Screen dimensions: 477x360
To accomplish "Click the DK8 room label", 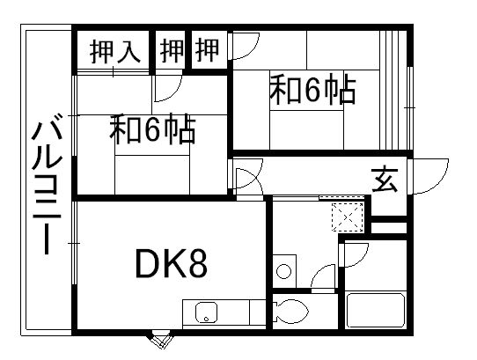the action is click(172, 263).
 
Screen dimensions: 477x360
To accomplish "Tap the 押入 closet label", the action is click(115, 51).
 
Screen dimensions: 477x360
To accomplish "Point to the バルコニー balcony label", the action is click(48, 183).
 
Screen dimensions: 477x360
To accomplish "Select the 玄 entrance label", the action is click(385, 179).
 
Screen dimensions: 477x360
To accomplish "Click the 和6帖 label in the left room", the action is click(152, 129).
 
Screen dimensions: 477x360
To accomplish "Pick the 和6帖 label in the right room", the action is click(312, 90).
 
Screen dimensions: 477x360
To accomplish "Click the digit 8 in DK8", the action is click(197, 263).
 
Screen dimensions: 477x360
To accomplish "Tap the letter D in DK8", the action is click(147, 263).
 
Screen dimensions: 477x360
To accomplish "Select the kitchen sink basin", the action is click(206, 312).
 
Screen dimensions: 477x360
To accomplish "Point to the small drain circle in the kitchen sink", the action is click(206, 320).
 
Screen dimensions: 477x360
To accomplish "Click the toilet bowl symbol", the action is click(291, 311).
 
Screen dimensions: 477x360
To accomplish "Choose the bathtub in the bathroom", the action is click(376, 310).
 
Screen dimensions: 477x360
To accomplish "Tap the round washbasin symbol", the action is click(284, 271).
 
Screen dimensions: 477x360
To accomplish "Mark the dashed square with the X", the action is click(348, 217).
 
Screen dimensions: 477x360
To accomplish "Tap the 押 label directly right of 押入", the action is click(172, 51).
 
